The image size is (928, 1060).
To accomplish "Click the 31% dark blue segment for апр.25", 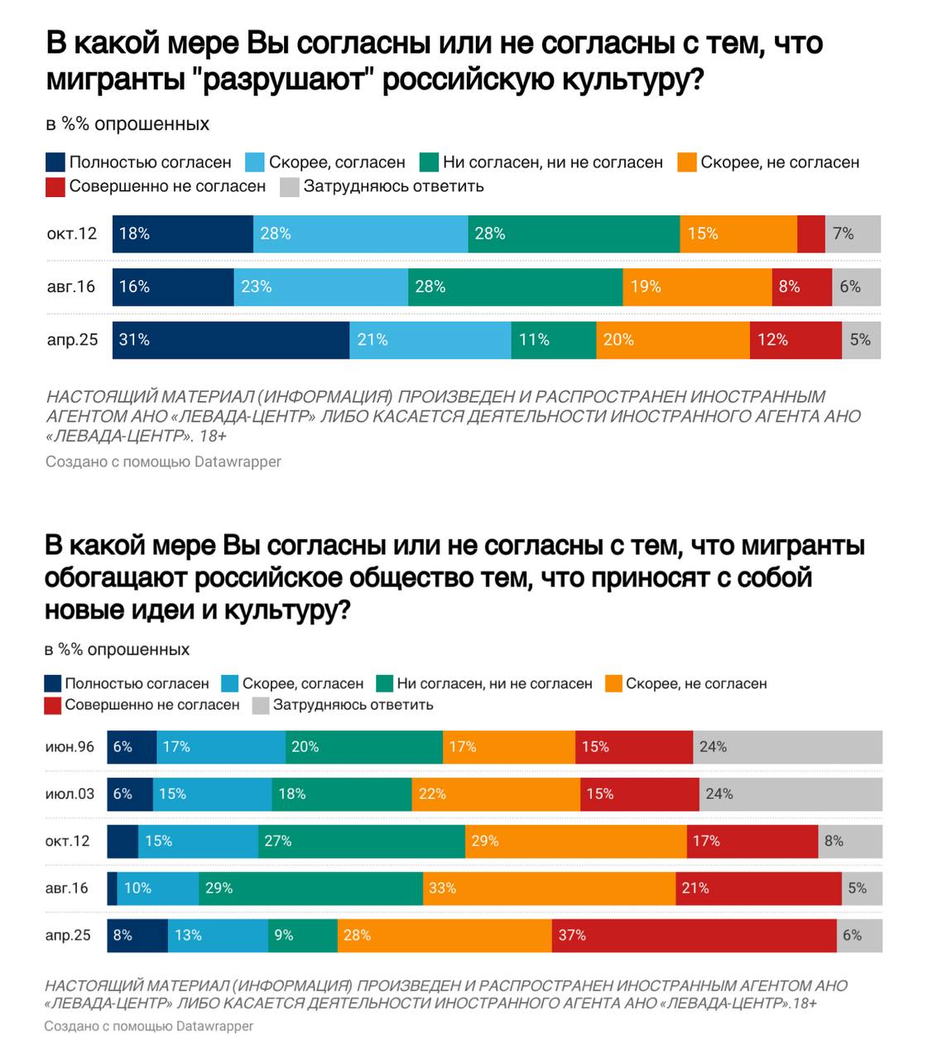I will (x=230, y=340).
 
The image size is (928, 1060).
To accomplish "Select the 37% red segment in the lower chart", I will (x=694, y=935).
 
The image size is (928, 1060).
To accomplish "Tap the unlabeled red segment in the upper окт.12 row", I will (x=810, y=234).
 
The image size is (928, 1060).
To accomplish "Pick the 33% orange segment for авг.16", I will (x=549, y=889).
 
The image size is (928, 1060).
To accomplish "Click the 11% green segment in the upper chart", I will (x=553, y=340).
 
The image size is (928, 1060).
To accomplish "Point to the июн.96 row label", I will (x=70, y=747).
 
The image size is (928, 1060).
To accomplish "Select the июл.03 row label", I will (x=70, y=794).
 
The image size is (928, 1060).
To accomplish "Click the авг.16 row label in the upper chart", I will (x=71, y=287).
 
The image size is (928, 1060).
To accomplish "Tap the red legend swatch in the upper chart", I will (x=55, y=186).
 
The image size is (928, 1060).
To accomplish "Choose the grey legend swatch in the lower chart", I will (x=260, y=706).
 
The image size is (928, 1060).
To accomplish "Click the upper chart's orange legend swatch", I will (x=686, y=162).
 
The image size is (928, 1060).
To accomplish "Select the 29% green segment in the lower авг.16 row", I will (x=310, y=889).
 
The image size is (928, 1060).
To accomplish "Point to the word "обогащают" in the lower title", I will (x=116, y=577).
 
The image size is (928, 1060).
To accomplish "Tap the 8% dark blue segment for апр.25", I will (x=137, y=935).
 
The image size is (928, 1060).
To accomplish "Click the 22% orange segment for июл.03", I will (x=496, y=794).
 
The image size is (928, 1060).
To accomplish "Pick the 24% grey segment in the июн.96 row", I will (x=787, y=747).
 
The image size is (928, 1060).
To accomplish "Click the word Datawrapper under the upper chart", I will (x=238, y=461).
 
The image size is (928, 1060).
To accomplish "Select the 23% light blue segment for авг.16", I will (x=320, y=287).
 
